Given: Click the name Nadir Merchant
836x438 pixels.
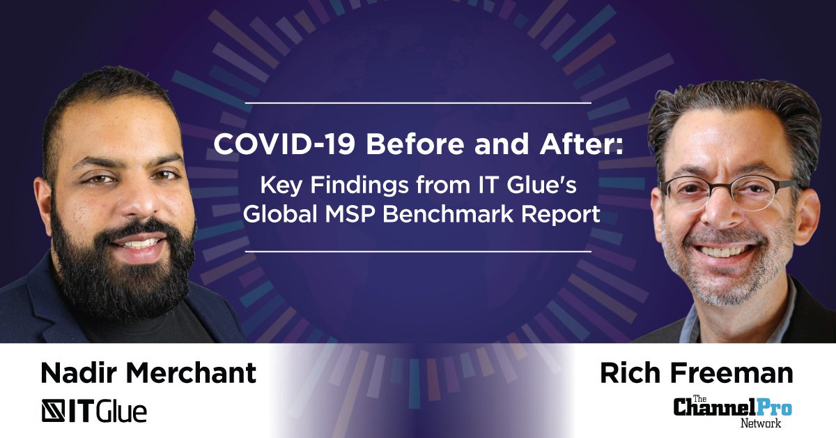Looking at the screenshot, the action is [x=148, y=372].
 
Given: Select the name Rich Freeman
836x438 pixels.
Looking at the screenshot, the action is [x=697, y=372].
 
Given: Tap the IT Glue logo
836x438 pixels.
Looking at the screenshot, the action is [x=94, y=410].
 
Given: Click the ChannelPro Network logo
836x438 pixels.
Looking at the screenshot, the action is [x=732, y=411].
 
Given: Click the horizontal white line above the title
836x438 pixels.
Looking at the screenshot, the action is [x=418, y=103].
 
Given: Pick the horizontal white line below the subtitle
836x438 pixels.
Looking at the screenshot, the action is [x=418, y=252].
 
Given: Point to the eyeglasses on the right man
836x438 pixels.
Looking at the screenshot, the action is [x=728, y=194].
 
